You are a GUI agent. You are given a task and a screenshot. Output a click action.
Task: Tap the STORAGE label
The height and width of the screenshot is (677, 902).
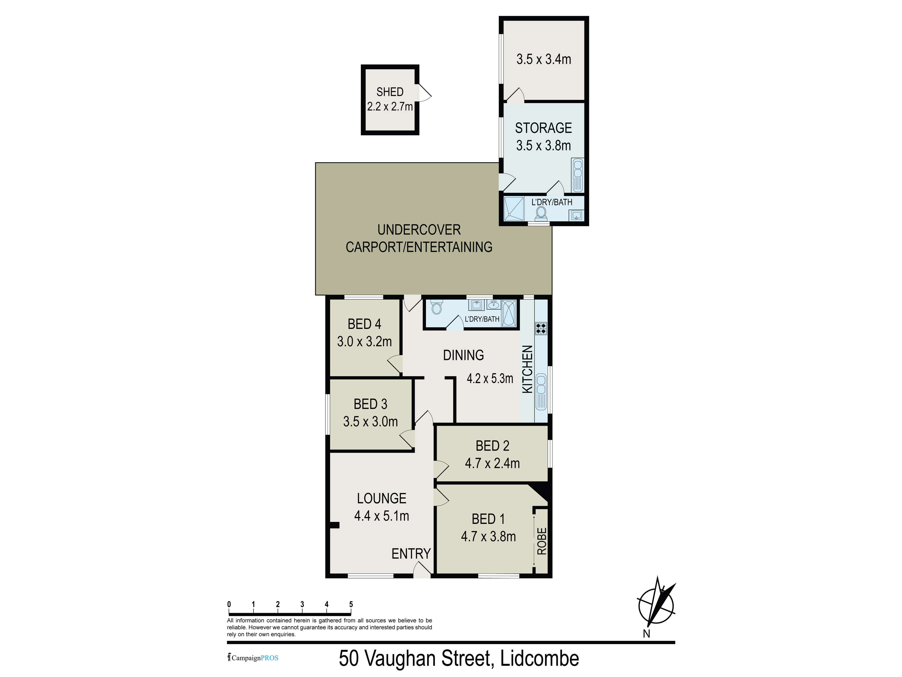click(543, 128)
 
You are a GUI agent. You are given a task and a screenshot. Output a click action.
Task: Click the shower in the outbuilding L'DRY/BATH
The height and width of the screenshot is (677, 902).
click(514, 208)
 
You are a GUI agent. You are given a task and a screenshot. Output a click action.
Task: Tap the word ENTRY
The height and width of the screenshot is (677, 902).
click(411, 553)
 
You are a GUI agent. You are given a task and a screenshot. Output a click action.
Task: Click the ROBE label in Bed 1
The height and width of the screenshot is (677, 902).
click(541, 541)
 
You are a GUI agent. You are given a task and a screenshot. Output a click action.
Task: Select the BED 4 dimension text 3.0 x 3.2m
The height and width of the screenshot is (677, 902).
click(364, 341)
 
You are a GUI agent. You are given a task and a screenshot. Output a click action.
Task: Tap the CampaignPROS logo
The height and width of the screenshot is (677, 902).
click(253, 658)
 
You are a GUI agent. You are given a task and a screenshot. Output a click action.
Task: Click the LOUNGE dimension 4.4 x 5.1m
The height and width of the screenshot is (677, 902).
click(381, 516)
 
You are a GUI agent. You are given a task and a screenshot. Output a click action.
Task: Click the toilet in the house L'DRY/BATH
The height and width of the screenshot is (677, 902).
click(436, 307)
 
